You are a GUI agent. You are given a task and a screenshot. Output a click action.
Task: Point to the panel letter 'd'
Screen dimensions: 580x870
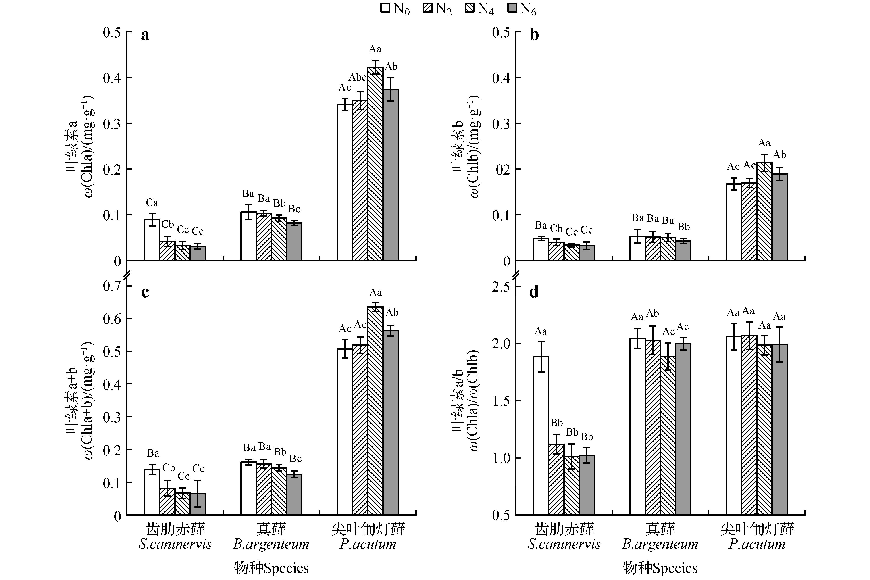(534, 292)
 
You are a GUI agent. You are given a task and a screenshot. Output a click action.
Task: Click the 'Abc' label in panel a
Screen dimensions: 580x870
(358, 77)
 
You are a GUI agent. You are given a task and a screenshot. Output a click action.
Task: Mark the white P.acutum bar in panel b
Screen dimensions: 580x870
(734, 222)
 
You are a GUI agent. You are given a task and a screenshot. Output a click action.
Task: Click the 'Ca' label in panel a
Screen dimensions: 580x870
(152, 203)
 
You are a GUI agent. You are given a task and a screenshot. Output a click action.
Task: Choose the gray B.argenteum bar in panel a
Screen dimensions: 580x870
(294, 241)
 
